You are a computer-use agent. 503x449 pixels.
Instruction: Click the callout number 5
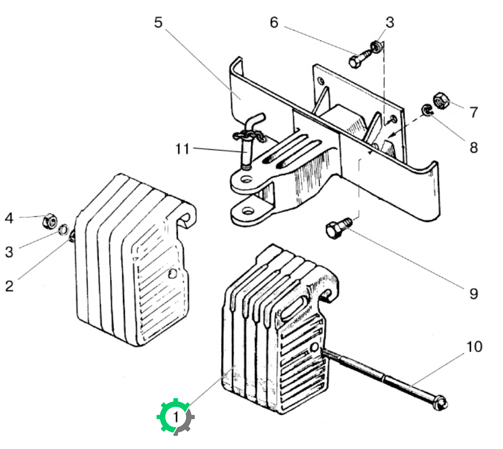coord(159,22)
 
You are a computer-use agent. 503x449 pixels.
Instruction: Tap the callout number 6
coord(274,22)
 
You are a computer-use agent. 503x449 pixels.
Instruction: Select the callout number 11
coord(182,149)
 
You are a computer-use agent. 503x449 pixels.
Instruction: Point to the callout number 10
coord(474,347)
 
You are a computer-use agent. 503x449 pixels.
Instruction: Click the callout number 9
coord(473,294)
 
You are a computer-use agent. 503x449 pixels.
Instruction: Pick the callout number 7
coord(474,113)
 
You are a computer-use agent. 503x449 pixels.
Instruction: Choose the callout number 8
coord(474,148)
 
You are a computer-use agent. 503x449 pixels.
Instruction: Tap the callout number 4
coord(9,218)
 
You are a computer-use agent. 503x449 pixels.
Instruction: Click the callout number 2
coord(9,286)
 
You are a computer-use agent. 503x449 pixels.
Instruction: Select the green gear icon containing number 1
coord(175,417)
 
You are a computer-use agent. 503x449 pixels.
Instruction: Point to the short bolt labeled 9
coord(338,226)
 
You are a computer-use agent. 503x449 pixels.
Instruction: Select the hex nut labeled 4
coord(50,221)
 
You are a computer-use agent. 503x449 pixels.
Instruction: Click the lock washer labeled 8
coord(427,110)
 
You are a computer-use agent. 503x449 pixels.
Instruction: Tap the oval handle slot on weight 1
coord(294,308)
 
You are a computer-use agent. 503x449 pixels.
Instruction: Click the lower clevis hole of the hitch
coord(247,211)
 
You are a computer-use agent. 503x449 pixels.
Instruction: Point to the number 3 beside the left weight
coord(9,252)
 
